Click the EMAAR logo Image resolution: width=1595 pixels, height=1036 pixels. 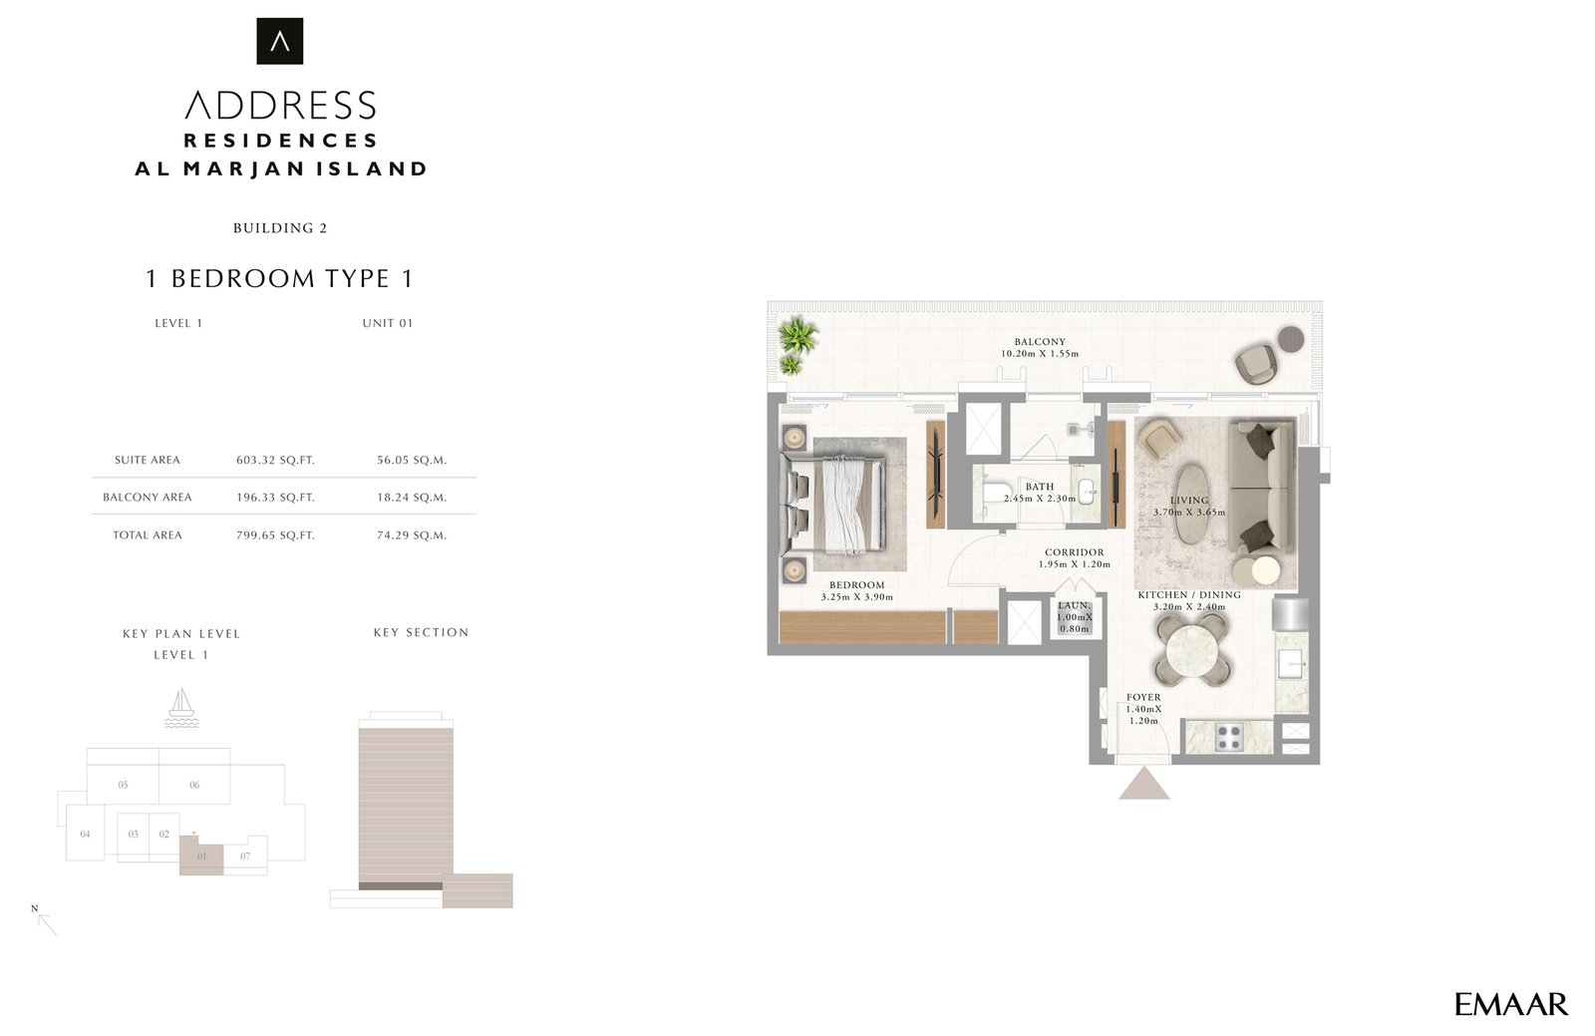(x=1511, y=1004)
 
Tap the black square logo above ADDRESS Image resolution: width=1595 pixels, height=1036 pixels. (x=280, y=41)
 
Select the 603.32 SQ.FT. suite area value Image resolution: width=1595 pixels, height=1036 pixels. (x=275, y=460)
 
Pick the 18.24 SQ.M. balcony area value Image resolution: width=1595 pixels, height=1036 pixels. (x=412, y=497)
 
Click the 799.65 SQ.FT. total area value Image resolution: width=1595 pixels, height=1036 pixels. (x=275, y=534)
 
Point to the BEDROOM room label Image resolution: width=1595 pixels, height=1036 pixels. (x=856, y=584)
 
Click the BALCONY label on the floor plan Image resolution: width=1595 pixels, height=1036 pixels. (x=1040, y=342)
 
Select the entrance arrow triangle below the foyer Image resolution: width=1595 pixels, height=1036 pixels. (x=1143, y=783)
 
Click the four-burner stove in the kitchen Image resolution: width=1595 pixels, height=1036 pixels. (x=1228, y=737)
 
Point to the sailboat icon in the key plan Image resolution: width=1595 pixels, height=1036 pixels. (x=181, y=707)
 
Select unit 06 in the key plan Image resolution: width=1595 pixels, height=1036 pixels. (x=194, y=785)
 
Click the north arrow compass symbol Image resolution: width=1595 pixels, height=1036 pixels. (x=45, y=921)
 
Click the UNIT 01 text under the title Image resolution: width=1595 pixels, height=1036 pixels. (x=388, y=323)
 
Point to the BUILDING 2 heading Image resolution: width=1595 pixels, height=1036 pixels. (x=280, y=228)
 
